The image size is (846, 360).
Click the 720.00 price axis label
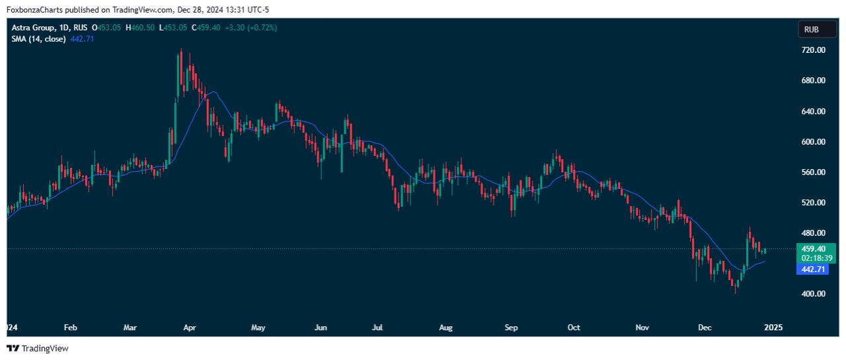812,50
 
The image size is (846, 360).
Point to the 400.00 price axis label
812,294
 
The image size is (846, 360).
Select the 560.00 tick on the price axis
812,172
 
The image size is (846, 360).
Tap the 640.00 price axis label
812,112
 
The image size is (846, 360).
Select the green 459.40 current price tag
812,248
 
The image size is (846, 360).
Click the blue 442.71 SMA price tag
812,270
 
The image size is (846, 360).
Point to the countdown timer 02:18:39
812,258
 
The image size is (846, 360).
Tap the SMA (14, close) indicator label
38,39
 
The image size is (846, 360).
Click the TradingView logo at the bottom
38,348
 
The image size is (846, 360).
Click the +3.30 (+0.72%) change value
250,28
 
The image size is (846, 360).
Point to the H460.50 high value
140,28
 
